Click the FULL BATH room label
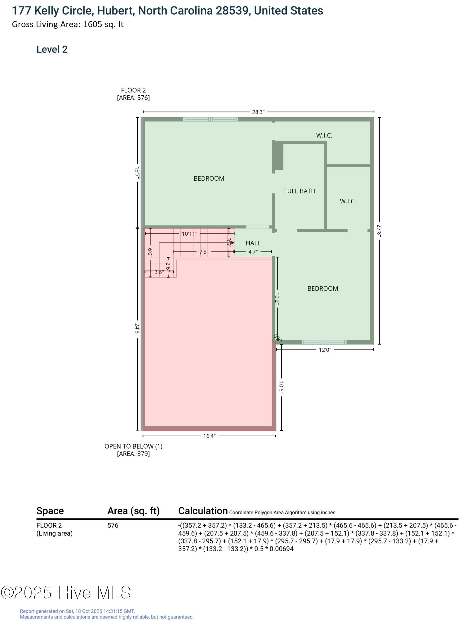pyautogui.click(x=300, y=191)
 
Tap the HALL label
pyautogui.click(x=253, y=243)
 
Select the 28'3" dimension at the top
pyautogui.click(x=258, y=112)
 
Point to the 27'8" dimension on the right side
pyautogui.click(x=379, y=231)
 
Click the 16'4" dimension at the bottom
pyautogui.click(x=209, y=436)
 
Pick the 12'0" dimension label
pyautogui.click(x=325, y=350)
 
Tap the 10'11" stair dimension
pyautogui.click(x=189, y=234)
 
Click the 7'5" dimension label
pyautogui.click(x=203, y=252)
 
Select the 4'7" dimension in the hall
pyautogui.click(x=253, y=252)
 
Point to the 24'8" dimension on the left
pyautogui.click(x=137, y=329)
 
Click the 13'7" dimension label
pyautogui.click(x=137, y=173)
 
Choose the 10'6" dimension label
pyautogui.click(x=281, y=388)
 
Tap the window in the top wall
pyautogui.click(x=211, y=119)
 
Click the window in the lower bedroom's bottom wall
pyautogui.click(x=324, y=342)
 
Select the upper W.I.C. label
pyautogui.click(x=324, y=135)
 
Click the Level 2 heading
pyautogui.click(x=52, y=49)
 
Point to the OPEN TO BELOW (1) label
pyautogui.click(x=133, y=446)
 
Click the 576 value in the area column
pyautogui.click(x=113, y=525)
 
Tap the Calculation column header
pyautogui.click(x=203, y=511)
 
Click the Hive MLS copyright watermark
pyautogui.click(x=66, y=592)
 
